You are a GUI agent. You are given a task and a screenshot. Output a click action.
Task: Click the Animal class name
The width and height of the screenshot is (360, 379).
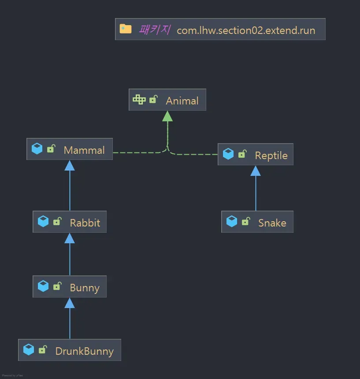[x=182, y=101]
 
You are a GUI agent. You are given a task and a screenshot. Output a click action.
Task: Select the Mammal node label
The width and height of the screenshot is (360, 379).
[x=84, y=150]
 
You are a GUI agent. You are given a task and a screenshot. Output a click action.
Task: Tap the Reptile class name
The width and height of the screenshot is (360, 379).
[x=271, y=156]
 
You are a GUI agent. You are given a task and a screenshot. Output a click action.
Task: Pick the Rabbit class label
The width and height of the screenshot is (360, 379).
[x=85, y=223]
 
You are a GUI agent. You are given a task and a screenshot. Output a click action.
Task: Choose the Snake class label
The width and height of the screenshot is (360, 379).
[x=272, y=223]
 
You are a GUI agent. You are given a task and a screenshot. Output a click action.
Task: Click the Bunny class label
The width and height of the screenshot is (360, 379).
[x=85, y=288]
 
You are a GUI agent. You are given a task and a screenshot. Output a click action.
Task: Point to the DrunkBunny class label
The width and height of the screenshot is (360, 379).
[x=84, y=352]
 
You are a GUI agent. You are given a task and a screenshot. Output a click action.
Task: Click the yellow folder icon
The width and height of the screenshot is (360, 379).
[x=126, y=29]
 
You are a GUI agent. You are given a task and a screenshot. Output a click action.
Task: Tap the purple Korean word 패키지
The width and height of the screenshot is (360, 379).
[x=154, y=30]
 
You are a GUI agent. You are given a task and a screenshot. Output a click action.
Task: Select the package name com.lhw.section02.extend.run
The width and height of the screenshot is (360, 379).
[x=246, y=31]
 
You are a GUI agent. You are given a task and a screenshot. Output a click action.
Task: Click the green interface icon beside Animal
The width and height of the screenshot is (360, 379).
[x=139, y=100]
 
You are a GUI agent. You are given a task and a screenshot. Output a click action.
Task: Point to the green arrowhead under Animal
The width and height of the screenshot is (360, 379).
[x=167, y=116]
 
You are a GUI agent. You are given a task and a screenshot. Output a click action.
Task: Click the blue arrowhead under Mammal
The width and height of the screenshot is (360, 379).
[x=70, y=165]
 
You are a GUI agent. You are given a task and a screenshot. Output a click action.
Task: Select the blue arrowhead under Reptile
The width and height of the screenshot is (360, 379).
[x=256, y=171]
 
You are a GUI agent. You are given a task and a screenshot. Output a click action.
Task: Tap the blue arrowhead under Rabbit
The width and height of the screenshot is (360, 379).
[x=70, y=238]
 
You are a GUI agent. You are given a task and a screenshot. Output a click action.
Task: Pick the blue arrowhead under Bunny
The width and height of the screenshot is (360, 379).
[x=70, y=303]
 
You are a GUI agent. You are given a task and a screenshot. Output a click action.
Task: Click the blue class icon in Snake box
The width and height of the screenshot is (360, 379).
[x=232, y=221]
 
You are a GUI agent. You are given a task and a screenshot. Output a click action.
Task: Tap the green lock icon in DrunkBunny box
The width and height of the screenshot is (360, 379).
[x=43, y=350]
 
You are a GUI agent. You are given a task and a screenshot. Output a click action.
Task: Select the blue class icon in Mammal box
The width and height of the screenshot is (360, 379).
[x=37, y=149]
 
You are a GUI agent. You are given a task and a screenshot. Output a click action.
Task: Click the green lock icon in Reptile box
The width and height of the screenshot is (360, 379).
[x=242, y=154]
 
